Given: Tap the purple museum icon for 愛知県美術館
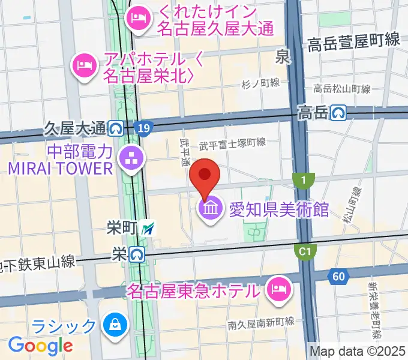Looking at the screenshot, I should click(210, 209).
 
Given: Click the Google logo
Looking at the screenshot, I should click(40, 345).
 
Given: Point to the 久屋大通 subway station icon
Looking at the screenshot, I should click(116, 128).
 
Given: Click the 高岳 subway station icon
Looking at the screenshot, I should click(340, 112).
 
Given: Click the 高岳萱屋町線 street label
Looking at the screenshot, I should click(354, 41).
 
